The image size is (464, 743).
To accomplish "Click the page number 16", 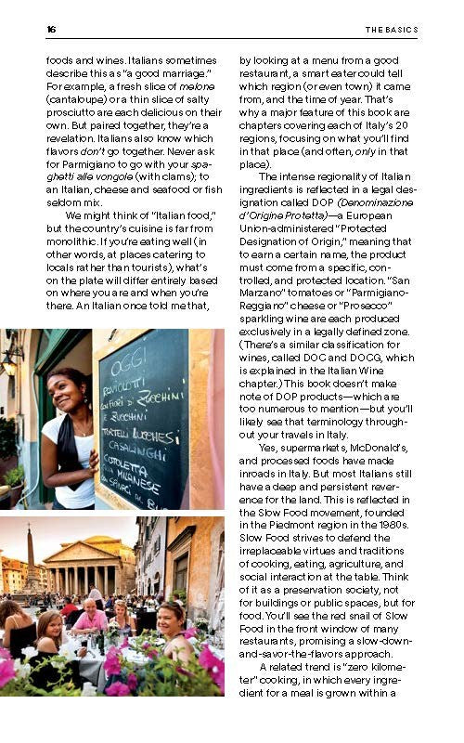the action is [x=51, y=29].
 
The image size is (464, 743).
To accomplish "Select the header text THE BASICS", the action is [x=391, y=29].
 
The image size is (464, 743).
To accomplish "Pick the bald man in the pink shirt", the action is [x=93, y=614].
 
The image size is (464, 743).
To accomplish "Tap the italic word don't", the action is [x=89, y=151].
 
